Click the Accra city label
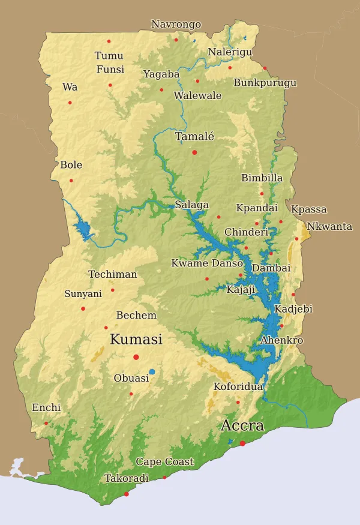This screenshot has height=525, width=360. click(x=242, y=426)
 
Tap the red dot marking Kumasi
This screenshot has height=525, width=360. click(x=136, y=357)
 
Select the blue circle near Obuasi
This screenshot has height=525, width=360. click(x=152, y=372)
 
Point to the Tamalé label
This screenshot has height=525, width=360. click(x=194, y=137)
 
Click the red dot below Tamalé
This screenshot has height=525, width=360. click(x=194, y=152)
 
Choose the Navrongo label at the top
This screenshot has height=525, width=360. click(x=176, y=25)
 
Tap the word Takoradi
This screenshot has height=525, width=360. click(x=127, y=479)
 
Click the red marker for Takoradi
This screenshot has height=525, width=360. click(x=126, y=494)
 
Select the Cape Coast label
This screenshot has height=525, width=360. click(x=164, y=462)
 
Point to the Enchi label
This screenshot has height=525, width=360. click(x=46, y=408)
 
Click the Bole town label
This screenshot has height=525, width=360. click(x=71, y=165)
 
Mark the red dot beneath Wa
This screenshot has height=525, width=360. click(x=70, y=103)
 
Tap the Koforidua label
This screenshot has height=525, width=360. click(x=238, y=387)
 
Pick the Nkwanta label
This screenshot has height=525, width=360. click(x=329, y=227)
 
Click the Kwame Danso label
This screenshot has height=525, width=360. click(x=207, y=263)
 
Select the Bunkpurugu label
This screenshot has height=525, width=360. click(x=265, y=83)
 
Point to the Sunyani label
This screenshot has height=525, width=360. click(x=83, y=294)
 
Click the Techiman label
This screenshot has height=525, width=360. click(x=113, y=275)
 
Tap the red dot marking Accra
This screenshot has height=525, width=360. click(x=242, y=443)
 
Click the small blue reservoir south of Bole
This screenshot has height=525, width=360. click(x=82, y=230)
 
